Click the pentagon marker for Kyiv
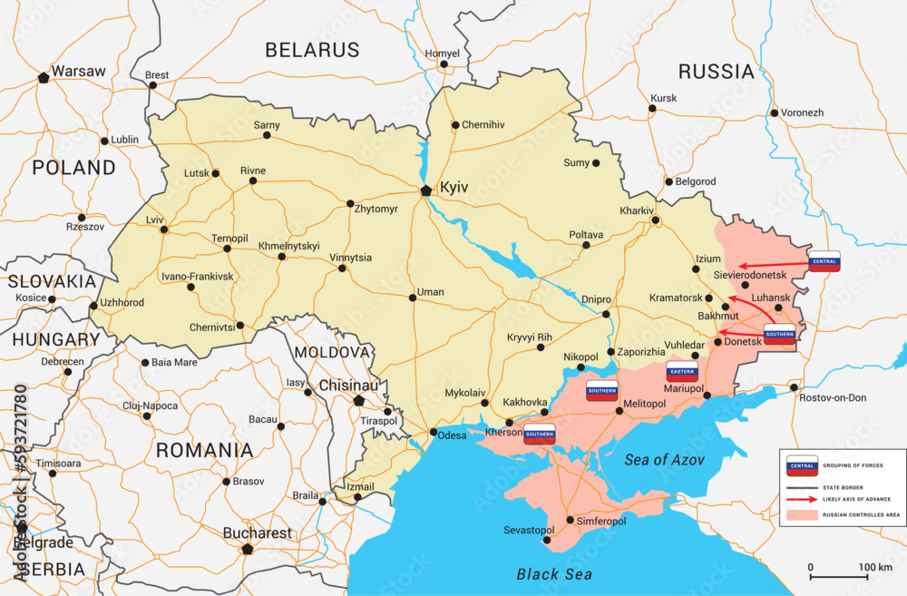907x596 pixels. tap(426, 190)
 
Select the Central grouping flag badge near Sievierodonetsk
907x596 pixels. tap(824, 261)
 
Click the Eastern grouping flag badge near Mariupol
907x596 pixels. tap(681, 371)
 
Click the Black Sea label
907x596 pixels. tap(553, 573)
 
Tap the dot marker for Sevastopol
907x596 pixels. tap(547, 541)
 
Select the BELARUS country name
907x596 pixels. tap(312, 50)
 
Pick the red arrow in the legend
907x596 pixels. tap(802, 499)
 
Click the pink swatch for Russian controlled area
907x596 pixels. tap(802, 514)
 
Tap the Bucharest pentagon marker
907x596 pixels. tap(247, 549)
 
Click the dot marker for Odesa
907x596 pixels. tap(434, 432)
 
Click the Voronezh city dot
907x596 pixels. tap(774, 113)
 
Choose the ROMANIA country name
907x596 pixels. tap(204, 450)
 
